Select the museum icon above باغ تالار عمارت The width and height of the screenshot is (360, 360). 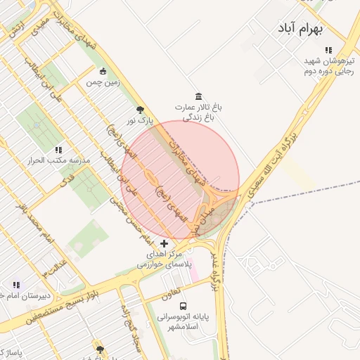(x=198, y=96)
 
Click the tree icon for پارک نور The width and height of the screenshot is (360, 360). (x=140, y=109)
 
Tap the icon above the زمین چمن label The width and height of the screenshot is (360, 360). (x=104, y=71)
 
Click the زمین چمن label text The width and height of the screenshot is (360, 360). (x=104, y=82)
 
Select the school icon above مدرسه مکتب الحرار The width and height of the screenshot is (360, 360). (x=58, y=150)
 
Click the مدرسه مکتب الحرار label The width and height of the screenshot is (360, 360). (x=59, y=161)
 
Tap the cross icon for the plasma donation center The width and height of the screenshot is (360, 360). (x=165, y=243)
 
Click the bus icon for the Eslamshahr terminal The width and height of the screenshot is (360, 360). (x=183, y=307)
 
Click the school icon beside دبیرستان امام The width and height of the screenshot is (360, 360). (x=16, y=285)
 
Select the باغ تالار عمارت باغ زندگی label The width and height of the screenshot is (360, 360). (x=199, y=112)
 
